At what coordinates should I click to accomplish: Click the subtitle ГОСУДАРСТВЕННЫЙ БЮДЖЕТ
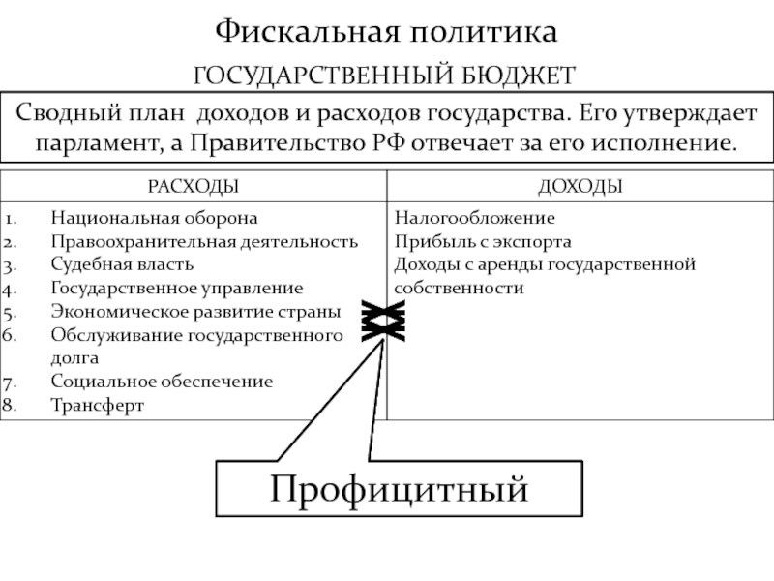[x=386, y=75]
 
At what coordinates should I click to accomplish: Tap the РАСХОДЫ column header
[x=193, y=185]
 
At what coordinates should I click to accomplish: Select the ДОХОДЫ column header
[x=580, y=185]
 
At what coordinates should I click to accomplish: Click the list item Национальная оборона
[x=154, y=219]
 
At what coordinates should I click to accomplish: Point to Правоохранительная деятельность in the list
[x=204, y=242]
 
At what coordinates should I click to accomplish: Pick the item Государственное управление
[x=176, y=289]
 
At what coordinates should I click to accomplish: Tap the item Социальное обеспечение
[x=162, y=382]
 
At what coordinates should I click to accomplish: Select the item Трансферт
[x=97, y=405]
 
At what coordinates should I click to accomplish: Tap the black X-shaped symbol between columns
[x=383, y=321]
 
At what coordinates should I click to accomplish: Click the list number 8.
[x=11, y=405]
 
